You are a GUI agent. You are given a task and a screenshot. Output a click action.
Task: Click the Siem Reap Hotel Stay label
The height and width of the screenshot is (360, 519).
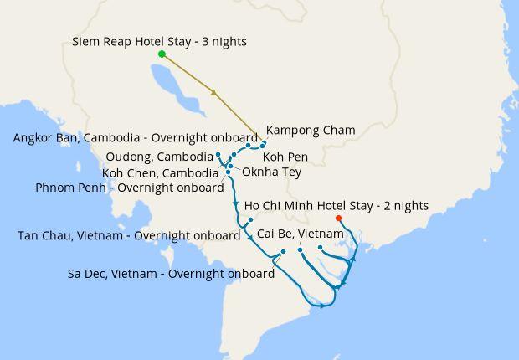click(x=159, y=41)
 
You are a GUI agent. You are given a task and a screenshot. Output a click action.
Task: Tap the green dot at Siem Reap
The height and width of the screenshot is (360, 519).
click(x=162, y=54)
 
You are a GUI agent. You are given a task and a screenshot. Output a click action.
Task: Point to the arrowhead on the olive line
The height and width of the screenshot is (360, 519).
click(x=216, y=92)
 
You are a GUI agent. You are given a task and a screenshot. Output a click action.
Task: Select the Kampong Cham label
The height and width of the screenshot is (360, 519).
click(x=311, y=131)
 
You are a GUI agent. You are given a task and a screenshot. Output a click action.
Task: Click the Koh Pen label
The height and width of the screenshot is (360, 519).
click(x=286, y=157)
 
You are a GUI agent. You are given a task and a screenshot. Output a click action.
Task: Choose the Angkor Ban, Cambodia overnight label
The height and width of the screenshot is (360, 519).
click(x=136, y=138)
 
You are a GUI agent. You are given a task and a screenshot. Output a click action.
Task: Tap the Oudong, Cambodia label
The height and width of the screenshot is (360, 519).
click(x=160, y=157)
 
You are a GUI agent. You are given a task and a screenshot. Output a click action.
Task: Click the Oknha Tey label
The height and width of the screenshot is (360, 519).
click(x=271, y=172)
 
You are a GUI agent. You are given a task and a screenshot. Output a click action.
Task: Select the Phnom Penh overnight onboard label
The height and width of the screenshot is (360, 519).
click(x=129, y=188)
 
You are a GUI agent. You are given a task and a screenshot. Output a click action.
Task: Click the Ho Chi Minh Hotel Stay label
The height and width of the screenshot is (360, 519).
click(x=337, y=205)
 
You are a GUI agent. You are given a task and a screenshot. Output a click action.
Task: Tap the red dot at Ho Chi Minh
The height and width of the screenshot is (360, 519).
click(x=350, y=219)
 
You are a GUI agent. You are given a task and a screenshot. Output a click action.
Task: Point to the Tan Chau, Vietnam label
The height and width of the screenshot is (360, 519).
click(x=129, y=235)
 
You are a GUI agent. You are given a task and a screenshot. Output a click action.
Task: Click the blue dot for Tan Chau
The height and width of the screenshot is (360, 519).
click(x=251, y=220)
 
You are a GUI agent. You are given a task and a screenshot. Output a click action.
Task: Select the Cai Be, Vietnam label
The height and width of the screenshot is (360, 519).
click(x=301, y=233)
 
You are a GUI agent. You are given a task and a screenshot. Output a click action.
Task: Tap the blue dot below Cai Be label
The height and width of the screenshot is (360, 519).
click(x=300, y=249)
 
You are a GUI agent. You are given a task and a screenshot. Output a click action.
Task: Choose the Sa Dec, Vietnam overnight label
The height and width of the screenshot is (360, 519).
click(x=172, y=274)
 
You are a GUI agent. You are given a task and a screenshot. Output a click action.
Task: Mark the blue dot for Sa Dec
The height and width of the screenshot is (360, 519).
click(x=283, y=252)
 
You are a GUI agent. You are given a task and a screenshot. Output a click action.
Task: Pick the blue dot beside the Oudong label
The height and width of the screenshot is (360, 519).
click(x=218, y=155)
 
